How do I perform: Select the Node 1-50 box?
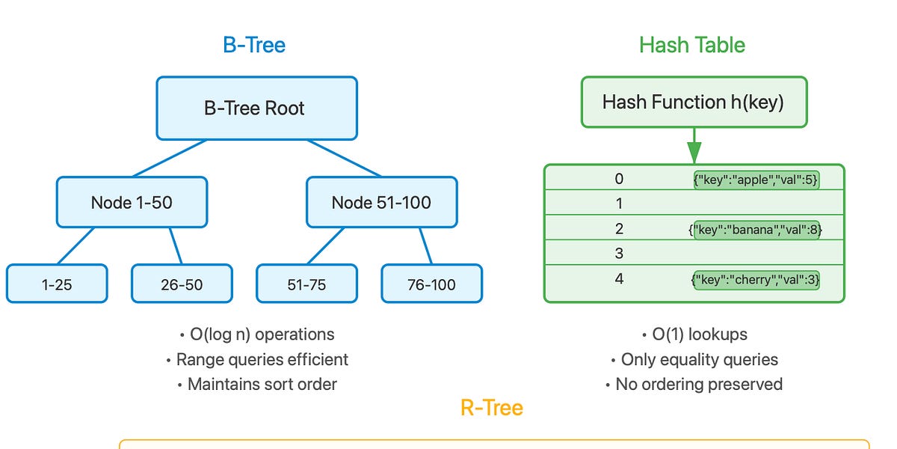[132, 202]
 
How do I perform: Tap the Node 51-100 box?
[381, 202]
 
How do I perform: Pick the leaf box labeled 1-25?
[57, 284]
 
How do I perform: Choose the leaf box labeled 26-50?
[182, 284]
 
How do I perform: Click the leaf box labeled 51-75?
[306, 284]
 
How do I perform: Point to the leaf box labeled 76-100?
[431, 284]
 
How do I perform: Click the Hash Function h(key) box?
[693, 102]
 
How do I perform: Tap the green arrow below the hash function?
[694, 146]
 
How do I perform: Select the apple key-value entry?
[756, 180]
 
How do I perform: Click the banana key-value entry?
[756, 230]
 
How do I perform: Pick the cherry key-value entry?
[756, 280]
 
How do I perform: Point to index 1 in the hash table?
[618, 204]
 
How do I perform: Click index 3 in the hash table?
[618, 254]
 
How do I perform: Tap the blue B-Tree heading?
[254, 45]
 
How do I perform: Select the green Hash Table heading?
[692, 45]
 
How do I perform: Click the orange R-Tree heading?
[491, 408]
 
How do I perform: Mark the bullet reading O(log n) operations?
[257, 335]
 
